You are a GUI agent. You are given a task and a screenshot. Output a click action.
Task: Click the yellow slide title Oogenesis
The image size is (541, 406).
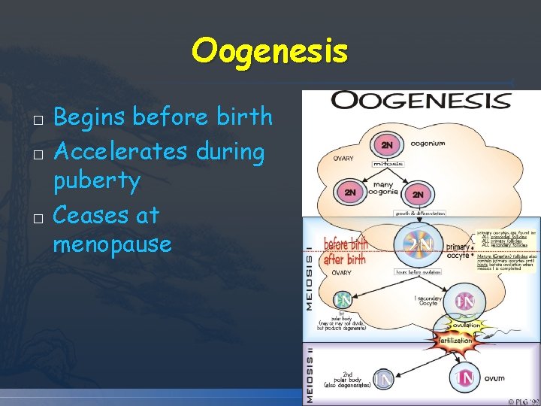click(x=270, y=51)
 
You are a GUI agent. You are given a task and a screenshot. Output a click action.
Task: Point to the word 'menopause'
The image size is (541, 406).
click(x=113, y=244)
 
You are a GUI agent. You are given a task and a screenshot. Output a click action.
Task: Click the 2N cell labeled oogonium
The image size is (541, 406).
click(x=387, y=144)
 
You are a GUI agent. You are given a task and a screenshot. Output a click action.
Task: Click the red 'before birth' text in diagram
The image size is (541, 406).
click(x=346, y=244)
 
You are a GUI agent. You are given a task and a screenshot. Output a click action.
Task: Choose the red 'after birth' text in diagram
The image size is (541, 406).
click(x=344, y=259)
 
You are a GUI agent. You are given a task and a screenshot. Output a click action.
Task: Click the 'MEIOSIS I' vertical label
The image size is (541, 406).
click(x=309, y=282)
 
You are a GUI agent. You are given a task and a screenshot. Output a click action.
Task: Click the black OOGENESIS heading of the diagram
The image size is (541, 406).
click(x=421, y=101)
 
